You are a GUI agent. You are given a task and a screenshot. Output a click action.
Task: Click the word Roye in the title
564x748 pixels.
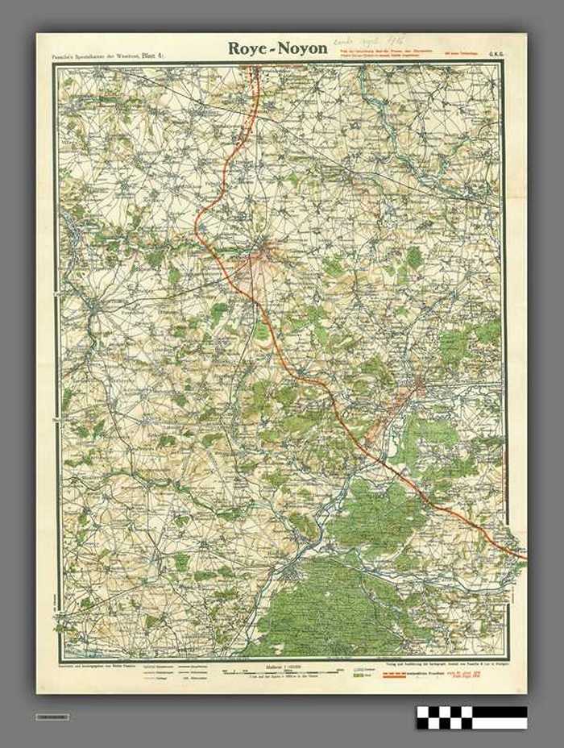click(x=247, y=48)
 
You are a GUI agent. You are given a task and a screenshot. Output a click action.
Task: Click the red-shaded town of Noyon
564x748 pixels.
click(x=417, y=385)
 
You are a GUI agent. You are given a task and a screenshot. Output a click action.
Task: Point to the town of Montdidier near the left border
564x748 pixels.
click(x=95, y=307)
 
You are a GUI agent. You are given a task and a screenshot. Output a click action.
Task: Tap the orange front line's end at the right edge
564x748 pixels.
click(x=525, y=556)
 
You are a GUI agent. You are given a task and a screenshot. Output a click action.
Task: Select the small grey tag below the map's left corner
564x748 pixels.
click(x=52, y=717)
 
